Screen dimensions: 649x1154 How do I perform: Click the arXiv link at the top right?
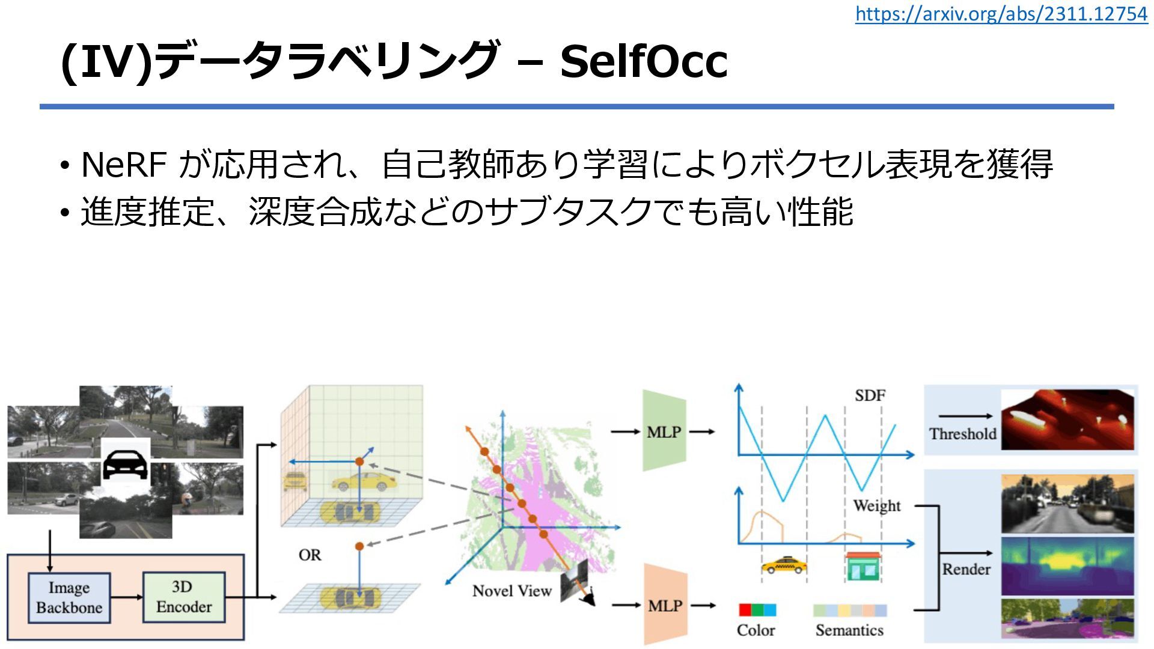1001,14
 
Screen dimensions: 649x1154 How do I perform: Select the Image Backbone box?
69,597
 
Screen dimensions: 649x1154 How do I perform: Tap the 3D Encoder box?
183,597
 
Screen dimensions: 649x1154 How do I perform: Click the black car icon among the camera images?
126,464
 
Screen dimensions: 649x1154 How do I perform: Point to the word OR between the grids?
310,555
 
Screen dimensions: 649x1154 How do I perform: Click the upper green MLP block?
664,431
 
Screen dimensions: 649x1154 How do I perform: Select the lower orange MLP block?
665,605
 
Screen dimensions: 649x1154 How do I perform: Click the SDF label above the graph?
870,395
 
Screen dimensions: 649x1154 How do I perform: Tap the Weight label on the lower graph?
876,505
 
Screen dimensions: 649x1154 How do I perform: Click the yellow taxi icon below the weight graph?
783,565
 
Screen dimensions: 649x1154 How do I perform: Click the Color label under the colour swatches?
756,630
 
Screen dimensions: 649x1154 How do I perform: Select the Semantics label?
849,630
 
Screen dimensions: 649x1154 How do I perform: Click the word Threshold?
962,433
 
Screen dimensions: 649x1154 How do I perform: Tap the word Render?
966,568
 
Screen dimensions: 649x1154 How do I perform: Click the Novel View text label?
511,591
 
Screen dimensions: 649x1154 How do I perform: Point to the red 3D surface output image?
1067,419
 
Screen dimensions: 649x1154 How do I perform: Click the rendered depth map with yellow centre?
1067,565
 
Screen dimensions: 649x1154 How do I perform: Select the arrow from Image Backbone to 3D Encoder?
126,597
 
